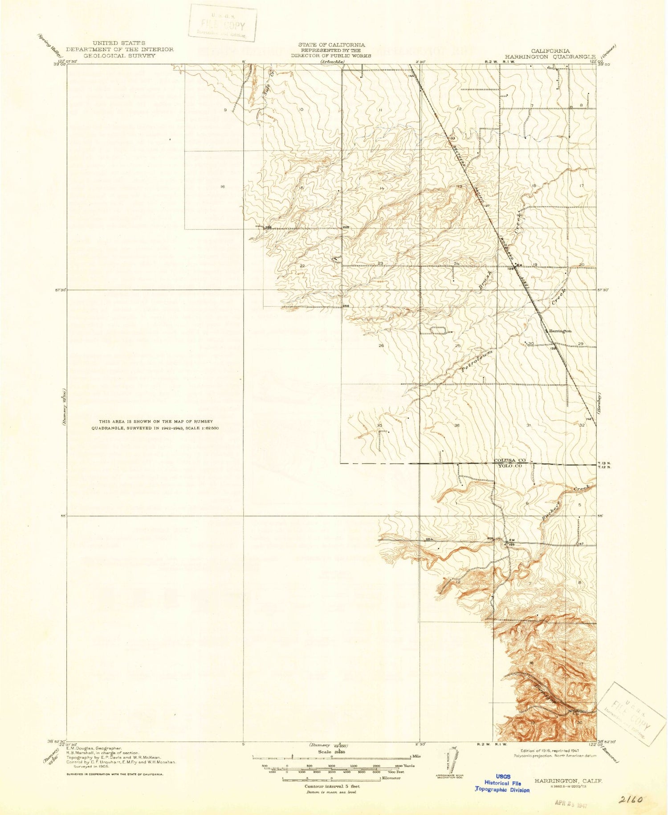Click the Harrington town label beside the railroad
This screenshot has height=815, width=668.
point(560,331)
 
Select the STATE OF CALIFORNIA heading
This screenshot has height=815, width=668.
point(331,45)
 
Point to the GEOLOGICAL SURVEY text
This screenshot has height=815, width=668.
point(120,56)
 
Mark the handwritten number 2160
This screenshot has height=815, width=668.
point(630,800)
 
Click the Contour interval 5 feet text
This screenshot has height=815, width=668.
point(332,786)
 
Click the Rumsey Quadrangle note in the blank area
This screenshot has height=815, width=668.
point(155,425)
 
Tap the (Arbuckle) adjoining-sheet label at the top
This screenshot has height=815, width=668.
point(332,62)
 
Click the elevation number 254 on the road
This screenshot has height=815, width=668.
point(429,539)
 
